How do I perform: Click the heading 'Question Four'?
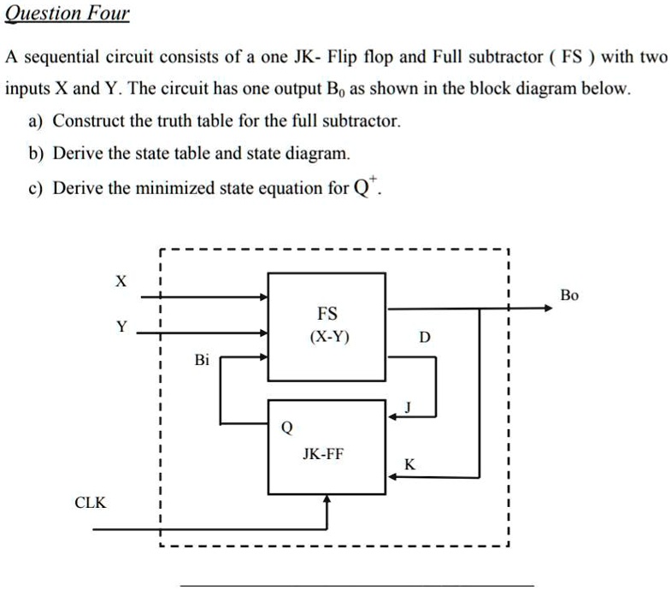pos(68,14)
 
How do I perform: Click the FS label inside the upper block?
pos(327,313)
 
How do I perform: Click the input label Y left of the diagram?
pos(121,327)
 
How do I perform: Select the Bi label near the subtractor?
pos(201,360)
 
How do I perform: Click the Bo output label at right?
pos(569,295)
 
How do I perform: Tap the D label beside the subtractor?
pos(425,338)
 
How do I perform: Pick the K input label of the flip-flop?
pos(409,464)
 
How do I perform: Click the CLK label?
pos(91,503)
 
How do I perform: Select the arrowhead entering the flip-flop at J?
pos(393,416)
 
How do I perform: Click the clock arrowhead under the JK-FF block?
pos(327,502)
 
